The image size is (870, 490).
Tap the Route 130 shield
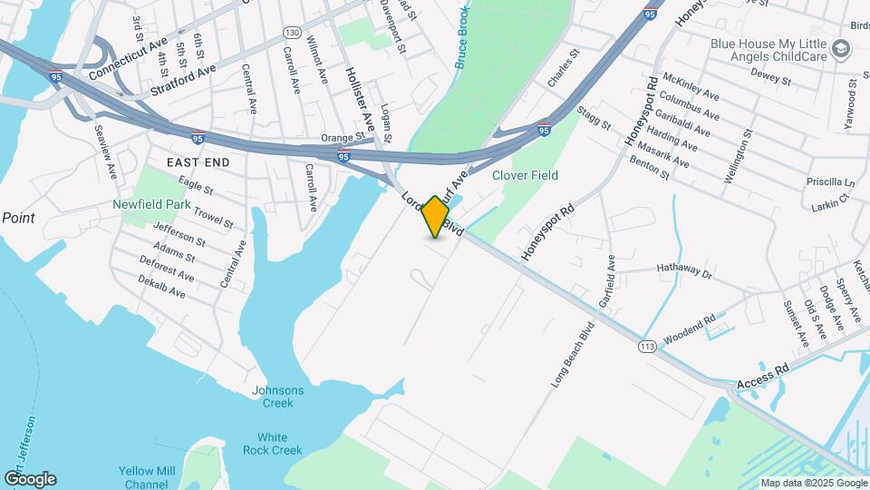point(292,32)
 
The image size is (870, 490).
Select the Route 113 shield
point(646,347)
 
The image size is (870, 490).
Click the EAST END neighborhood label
point(198,162)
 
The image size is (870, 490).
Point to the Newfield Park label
point(151,204)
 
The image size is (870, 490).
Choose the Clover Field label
point(525,175)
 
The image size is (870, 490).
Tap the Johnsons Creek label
point(277,397)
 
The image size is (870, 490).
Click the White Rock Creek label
point(272,444)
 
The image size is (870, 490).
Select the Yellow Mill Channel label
point(146,477)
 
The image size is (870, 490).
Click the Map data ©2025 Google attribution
point(812,483)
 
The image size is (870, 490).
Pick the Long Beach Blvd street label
point(572,354)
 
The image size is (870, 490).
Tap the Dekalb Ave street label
point(162,289)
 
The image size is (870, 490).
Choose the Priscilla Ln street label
point(829,181)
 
